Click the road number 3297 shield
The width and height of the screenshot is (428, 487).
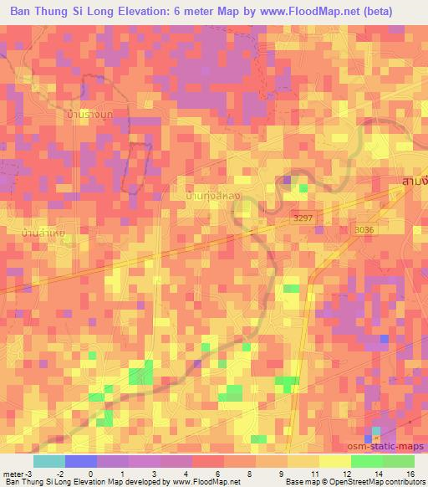pyautogui.click(x=304, y=218)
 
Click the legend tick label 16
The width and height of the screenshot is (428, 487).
pyautogui.click(x=410, y=473)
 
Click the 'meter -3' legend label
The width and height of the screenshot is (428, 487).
pyautogui.click(x=18, y=473)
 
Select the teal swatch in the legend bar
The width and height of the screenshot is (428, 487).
pyautogui.click(x=49, y=461)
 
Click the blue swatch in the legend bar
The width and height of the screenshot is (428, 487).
pyautogui.click(x=81, y=461)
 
